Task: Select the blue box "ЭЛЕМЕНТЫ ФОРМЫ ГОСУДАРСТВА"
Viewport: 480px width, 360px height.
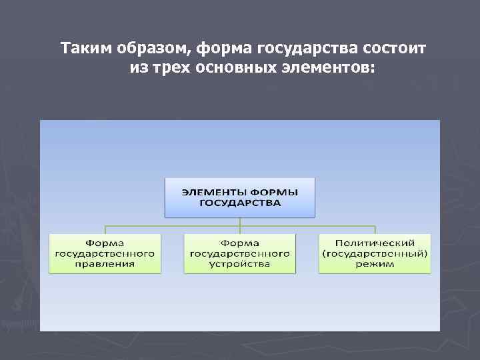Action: click(240, 197)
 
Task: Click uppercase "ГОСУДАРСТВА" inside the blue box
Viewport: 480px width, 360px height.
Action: click(240, 202)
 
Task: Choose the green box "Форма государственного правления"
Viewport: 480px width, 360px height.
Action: click(105, 253)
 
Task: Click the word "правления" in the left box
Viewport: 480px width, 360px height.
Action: click(105, 263)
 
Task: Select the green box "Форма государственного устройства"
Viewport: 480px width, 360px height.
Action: click(240, 253)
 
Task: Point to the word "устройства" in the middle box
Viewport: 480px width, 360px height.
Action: click(240, 263)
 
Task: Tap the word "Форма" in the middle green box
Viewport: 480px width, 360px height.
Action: click(240, 243)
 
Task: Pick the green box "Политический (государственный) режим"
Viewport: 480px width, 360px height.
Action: click(375, 253)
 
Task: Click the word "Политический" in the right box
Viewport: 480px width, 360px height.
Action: click(375, 243)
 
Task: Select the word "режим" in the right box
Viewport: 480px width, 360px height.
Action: click(375, 263)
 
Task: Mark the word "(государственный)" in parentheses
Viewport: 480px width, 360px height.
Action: click(375, 253)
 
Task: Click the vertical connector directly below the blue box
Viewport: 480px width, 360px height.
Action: click(240, 223)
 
